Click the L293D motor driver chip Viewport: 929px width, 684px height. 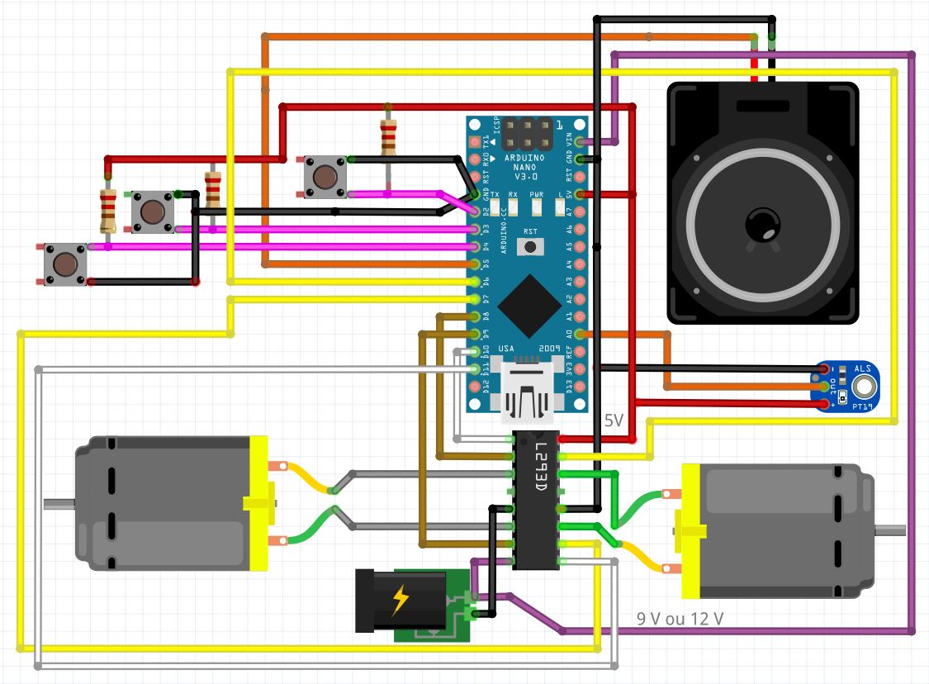coord(537,501)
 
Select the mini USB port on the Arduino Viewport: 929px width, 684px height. coord(523,394)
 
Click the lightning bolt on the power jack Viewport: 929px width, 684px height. coord(400,601)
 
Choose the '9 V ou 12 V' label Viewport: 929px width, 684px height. coord(680,618)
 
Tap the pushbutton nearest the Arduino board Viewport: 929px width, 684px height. coord(325,177)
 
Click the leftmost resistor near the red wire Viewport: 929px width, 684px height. coord(107,210)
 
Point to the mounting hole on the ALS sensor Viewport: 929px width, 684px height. coord(865,385)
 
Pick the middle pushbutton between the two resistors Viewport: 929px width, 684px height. coord(152,212)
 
